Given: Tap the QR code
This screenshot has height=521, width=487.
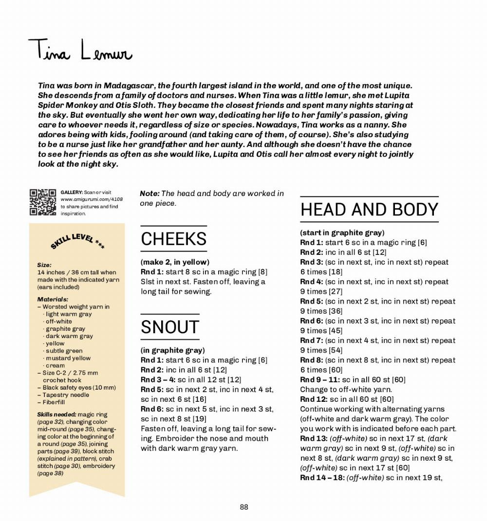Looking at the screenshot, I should (43, 201).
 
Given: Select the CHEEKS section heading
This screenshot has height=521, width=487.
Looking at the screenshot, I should (174, 239).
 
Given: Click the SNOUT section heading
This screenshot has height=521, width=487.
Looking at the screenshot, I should (170, 327).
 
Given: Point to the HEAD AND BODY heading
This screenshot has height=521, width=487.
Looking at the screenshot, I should (369, 210).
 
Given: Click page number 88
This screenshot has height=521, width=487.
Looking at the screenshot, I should (244, 507).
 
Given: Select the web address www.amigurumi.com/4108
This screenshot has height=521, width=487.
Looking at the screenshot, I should (92, 199).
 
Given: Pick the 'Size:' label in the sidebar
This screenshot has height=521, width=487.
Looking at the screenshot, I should (44, 265).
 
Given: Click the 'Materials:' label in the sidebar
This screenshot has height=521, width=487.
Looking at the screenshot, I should (53, 299).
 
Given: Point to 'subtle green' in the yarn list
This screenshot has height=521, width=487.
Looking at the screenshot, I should (64, 351).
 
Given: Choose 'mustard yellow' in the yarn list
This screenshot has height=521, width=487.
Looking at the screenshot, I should (68, 358).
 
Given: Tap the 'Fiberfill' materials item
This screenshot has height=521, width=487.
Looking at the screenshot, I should (54, 402).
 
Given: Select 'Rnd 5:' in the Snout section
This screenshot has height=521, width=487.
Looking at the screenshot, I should (152, 389).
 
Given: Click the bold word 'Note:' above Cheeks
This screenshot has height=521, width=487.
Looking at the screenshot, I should (150, 194).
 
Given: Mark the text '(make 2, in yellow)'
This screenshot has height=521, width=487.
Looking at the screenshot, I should (175, 262).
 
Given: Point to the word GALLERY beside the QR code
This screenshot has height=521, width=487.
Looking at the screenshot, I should (72, 193).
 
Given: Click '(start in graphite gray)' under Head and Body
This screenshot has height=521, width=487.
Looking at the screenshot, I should (342, 233).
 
